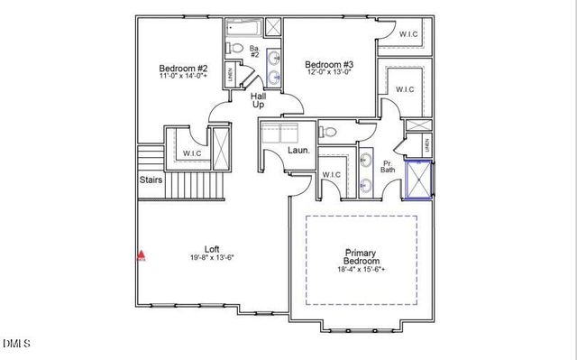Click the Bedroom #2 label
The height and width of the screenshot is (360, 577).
pos(184,69)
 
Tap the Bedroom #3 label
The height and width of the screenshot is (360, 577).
pos(329,64)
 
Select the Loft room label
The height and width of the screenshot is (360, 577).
pos(212,249)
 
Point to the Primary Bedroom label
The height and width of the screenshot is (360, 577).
pos(359,257)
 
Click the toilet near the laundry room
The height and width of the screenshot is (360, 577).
pos(329,133)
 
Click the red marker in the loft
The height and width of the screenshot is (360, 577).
pos(140,255)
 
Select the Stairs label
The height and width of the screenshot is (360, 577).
pos(151,180)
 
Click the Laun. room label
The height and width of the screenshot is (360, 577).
pos(298,152)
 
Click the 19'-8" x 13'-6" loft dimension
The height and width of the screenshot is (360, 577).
pos(212,258)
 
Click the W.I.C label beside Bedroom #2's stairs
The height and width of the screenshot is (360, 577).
pos(191,153)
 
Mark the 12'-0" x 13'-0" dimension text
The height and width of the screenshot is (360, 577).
pos(329,74)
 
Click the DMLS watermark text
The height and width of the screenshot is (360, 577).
pos(16,343)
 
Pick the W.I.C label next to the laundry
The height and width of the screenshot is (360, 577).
pos(330,174)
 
